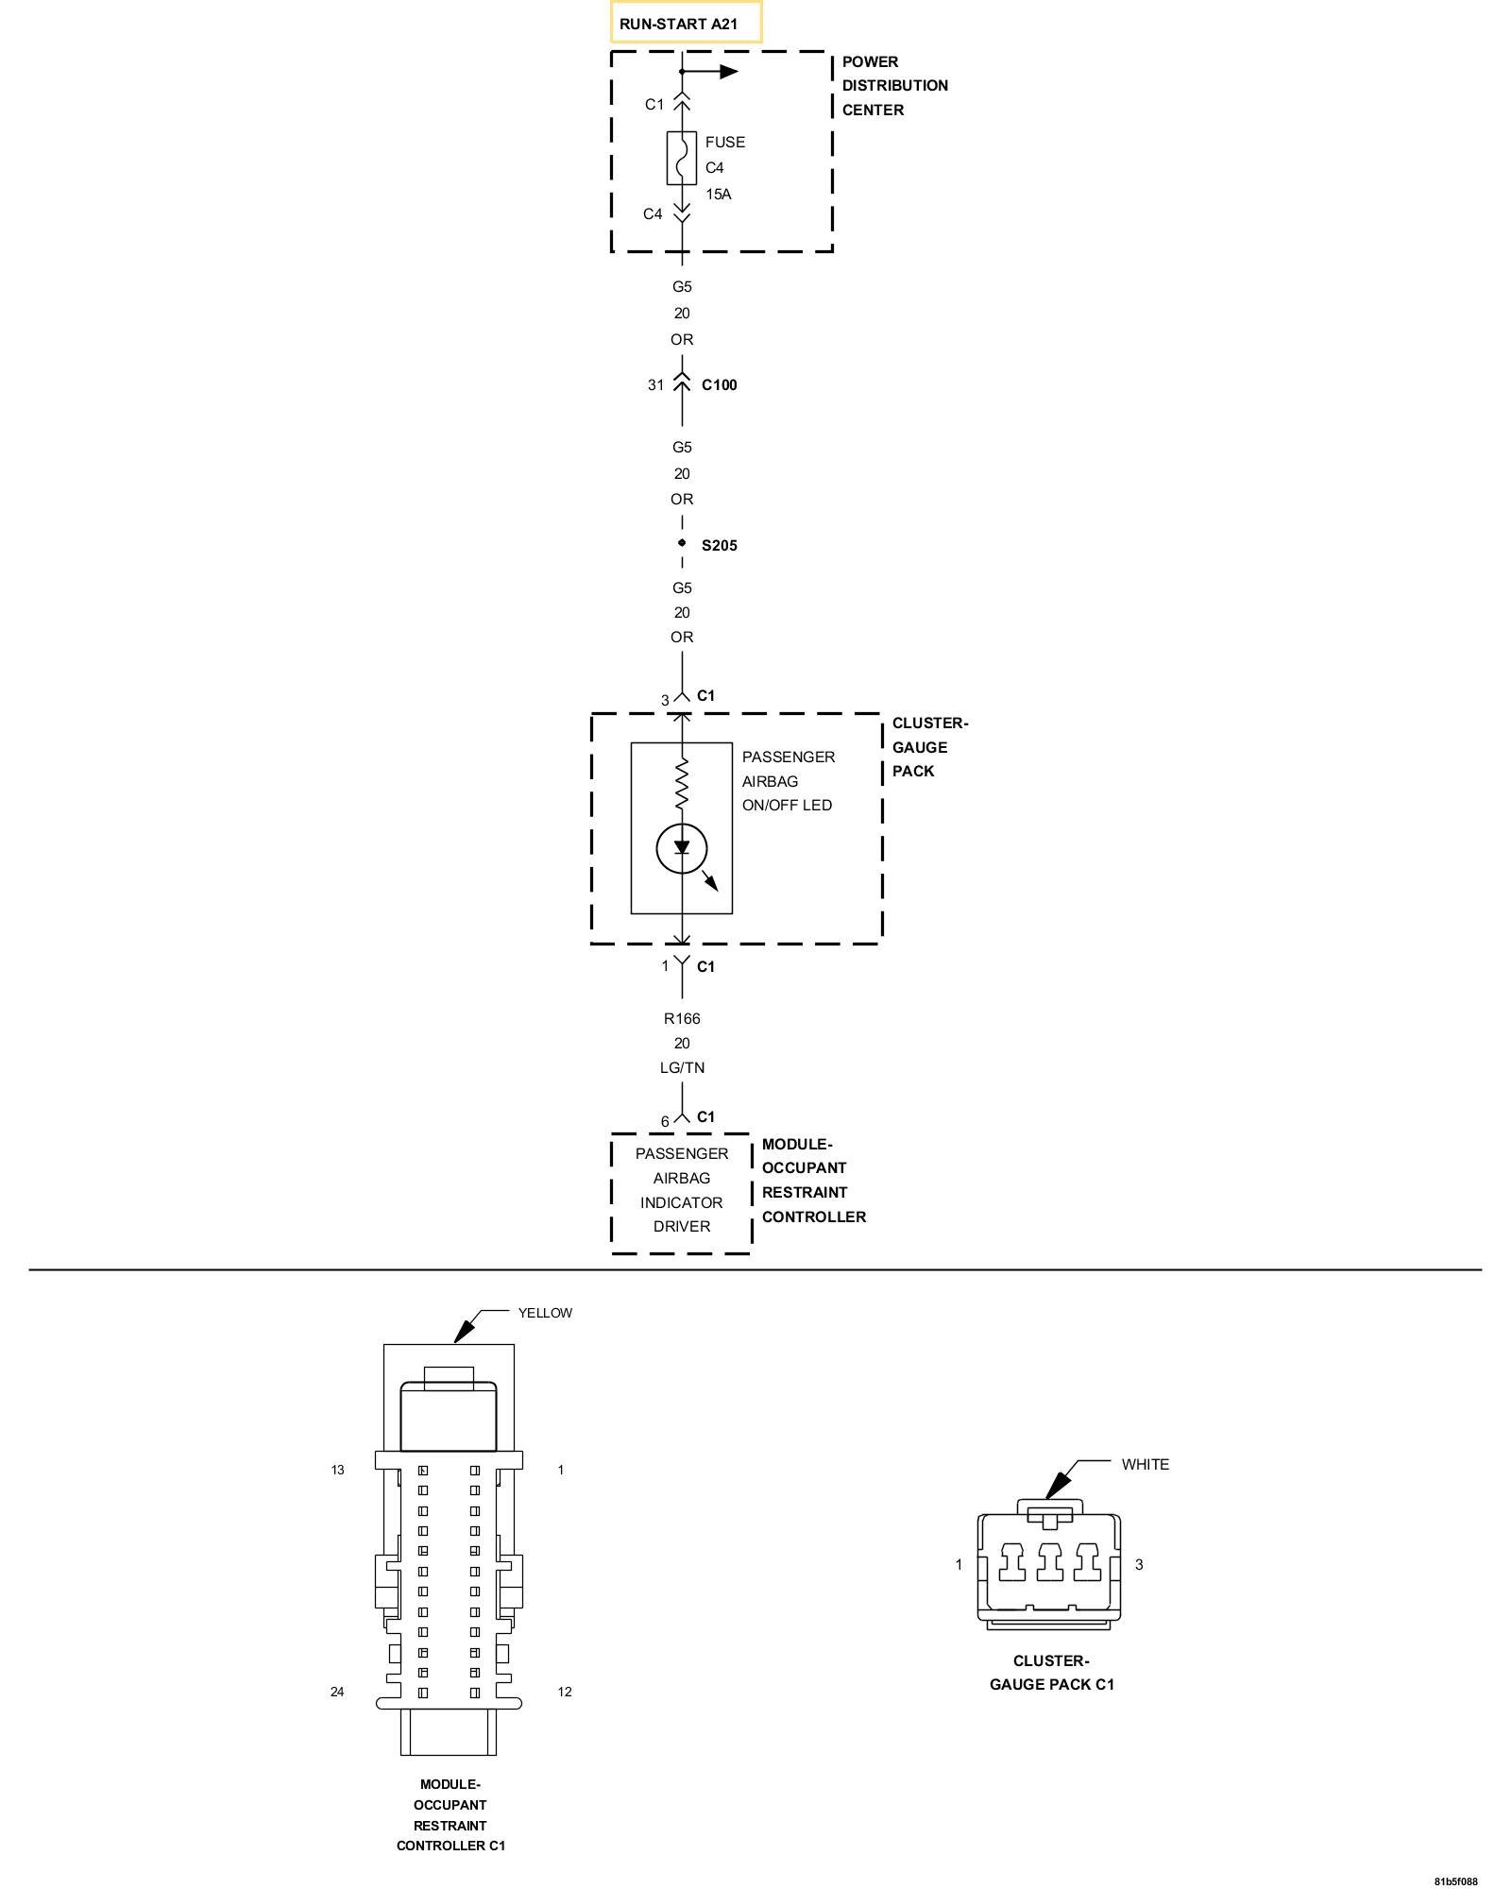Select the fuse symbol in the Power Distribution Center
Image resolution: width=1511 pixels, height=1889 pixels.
coord(682,158)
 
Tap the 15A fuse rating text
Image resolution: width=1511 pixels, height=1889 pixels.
coord(719,194)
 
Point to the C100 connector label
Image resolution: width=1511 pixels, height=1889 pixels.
coord(719,385)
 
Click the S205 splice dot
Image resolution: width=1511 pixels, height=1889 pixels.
coord(682,543)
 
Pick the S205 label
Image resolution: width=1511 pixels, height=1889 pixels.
coord(719,546)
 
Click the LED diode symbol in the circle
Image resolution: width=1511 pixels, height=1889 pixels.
coord(682,848)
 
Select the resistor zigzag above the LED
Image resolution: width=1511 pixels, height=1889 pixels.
coord(682,784)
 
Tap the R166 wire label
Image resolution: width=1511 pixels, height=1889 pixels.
coord(682,1018)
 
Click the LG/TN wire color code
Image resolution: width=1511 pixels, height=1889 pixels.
coord(682,1067)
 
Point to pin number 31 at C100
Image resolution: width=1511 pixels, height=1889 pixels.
coord(655,385)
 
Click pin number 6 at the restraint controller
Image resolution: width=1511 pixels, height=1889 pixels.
coord(665,1122)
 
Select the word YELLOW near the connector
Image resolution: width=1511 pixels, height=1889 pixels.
coord(545,1313)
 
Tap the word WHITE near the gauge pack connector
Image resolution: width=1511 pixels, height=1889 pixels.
coord(1145,1465)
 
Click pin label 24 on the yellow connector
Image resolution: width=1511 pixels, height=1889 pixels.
coord(337,1692)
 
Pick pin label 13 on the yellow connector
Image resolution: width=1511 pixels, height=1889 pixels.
coord(337,1470)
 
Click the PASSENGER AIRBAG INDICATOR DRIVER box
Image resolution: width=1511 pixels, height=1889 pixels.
coord(682,1190)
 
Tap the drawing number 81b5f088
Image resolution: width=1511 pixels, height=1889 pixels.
coord(1455,1880)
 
